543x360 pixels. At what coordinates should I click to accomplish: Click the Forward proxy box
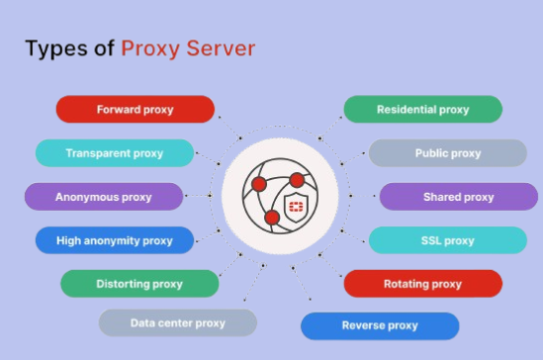tap(136, 109)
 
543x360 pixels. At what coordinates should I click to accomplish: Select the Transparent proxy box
tap(114, 153)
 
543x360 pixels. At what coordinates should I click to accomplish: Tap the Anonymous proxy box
tap(104, 197)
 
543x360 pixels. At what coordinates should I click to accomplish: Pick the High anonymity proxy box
tap(114, 240)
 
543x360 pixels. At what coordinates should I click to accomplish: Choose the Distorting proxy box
tap(139, 284)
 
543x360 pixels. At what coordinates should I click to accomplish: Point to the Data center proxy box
tap(178, 322)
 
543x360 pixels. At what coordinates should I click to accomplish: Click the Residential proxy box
tap(422, 109)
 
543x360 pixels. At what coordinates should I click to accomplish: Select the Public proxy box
tap(447, 153)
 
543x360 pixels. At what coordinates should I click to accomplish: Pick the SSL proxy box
tap(447, 240)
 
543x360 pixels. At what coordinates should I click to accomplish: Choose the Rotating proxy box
tap(422, 284)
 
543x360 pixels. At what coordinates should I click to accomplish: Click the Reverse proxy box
tap(380, 325)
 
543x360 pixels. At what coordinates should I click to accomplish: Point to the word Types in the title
tap(55, 48)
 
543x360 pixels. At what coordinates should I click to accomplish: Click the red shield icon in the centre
tap(296, 207)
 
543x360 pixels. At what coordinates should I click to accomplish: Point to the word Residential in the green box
tap(407, 109)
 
